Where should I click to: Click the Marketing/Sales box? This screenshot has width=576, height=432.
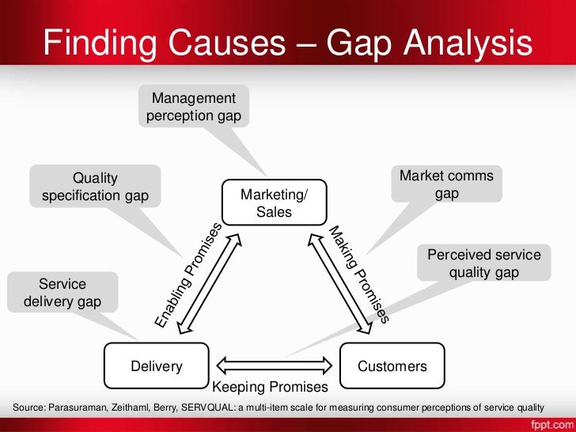pyautogui.click(x=274, y=203)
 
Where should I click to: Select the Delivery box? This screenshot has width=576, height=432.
pyautogui.click(x=157, y=366)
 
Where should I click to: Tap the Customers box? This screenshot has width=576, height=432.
pyautogui.click(x=392, y=366)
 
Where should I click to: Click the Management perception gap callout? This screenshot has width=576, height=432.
pyautogui.click(x=194, y=107)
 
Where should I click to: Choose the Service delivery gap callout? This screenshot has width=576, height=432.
pyautogui.click(x=62, y=292)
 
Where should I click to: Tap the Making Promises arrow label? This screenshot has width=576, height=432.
pyautogui.click(x=361, y=274)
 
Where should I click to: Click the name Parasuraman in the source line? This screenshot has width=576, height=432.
pyautogui.click(x=76, y=407)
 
